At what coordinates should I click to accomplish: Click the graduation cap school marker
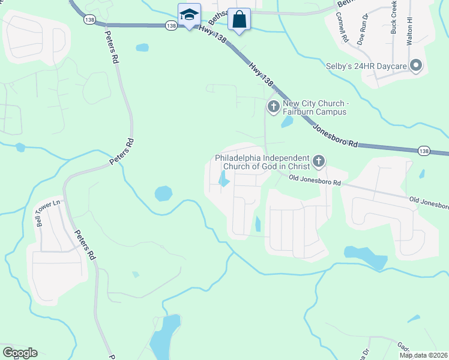point(189,14)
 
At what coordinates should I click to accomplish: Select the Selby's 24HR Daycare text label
point(366,65)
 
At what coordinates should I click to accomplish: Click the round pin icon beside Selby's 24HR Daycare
point(416,66)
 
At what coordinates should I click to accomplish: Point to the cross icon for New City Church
point(273,107)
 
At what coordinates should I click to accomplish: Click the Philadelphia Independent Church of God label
point(262,162)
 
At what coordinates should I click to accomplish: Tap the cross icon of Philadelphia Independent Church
point(319,161)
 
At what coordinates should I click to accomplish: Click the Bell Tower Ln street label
point(49,212)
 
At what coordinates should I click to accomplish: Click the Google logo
point(20,353)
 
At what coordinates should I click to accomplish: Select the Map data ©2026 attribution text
point(423,355)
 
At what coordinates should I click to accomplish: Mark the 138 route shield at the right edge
point(424,151)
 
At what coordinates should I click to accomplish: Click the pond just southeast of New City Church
point(287,122)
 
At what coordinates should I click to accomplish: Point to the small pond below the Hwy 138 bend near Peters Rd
point(142,47)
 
